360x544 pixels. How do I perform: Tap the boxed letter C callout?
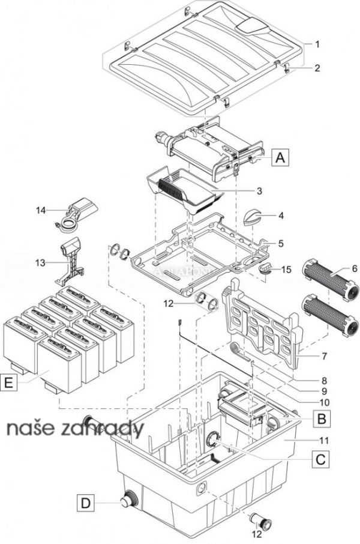(321, 460)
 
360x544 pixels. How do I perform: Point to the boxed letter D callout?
(87, 501)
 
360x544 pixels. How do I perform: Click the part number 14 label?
(40, 210)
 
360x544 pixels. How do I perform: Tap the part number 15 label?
(287, 270)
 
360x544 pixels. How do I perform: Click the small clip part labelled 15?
(266, 269)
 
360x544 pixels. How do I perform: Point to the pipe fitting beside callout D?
(128, 500)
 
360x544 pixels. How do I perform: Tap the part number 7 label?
(324, 357)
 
